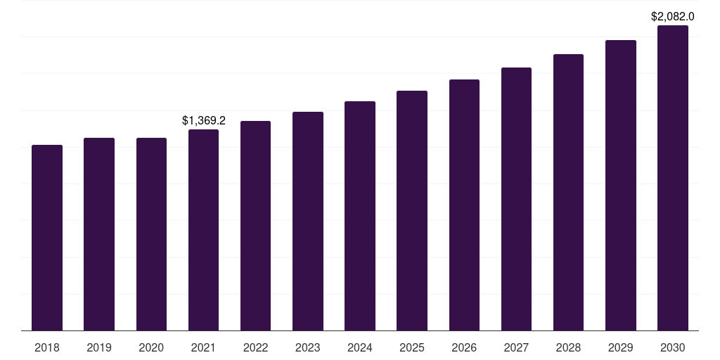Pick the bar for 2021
pyautogui.click(x=203, y=230)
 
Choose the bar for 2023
pyautogui.click(x=308, y=221)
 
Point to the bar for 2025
pyautogui.click(x=412, y=210)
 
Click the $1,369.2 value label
pyautogui.click(x=204, y=121)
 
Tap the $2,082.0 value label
pyautogui.click(x=673, y=16)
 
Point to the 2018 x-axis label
pyautogui.click(x=47, y=347)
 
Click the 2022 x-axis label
pyautogui.click(x=256, y=347)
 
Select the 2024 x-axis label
pyautogui.click(x=360, y=347)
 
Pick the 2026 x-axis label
pyautogui.click(x=464, y=347)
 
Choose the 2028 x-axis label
pyautogui.click(x=568, y=347)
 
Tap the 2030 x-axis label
pyautogui.click(x=673, y=347)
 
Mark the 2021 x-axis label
pyautogui.click(x=203, y=347)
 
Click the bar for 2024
pyautogui.click(x=360, y=216)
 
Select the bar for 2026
pyautogui.click(x=464, y=205)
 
